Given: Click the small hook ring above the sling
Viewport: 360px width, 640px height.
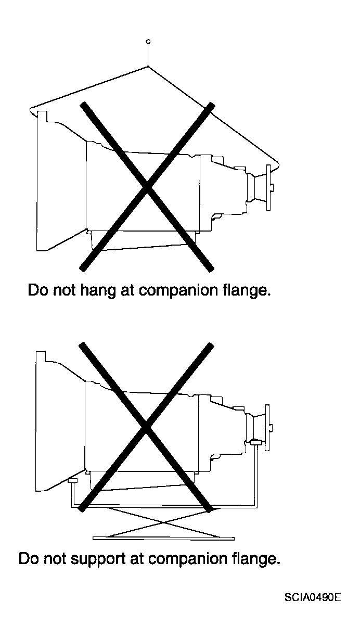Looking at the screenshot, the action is click(x=148, y=42).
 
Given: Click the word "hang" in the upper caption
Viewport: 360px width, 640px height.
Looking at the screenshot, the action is click(x=98, y=291).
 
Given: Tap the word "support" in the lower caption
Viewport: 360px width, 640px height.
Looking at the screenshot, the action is click(x=98, y=559).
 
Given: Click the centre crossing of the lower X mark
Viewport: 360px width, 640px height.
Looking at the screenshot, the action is click(x=146, y=427).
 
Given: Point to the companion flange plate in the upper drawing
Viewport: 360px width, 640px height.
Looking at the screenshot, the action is click(x=268, y=188).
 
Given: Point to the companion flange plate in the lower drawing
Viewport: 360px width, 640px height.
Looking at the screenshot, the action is click(x=267, y=428).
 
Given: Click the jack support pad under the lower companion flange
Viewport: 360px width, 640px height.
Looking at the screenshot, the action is click(x=255, y=443).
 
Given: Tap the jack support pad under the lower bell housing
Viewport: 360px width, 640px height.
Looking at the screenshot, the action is click(x=72, y=481).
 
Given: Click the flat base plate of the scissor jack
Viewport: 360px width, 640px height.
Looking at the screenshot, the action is click(x=164, y=539).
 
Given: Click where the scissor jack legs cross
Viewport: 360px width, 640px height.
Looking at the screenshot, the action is click(x=163, y=522).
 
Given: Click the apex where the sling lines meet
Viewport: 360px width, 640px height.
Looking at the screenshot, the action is click(x=148, y=66).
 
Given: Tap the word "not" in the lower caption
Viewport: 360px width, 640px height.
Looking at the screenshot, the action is click(x=55, y=559).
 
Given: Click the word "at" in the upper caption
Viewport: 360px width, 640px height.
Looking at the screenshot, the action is click(x=127, y=291).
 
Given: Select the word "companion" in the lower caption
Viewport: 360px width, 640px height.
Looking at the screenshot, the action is click(x=187, y=559).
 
